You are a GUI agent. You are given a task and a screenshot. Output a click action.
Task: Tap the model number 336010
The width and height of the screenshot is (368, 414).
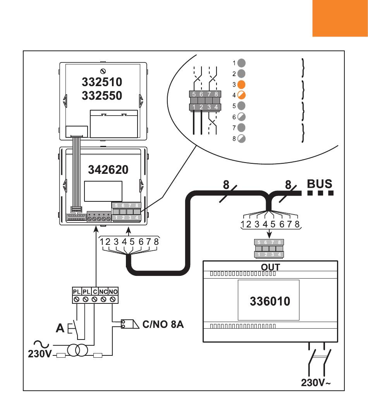point(270,301)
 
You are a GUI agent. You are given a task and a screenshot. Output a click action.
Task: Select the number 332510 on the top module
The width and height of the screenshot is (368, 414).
point(102,82)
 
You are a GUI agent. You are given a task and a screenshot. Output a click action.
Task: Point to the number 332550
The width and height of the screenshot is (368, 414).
point(102,95)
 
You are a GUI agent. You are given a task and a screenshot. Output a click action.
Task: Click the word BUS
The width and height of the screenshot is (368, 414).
point(320,184)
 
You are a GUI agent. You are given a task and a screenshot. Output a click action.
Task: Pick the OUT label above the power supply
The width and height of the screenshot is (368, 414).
point(270,267)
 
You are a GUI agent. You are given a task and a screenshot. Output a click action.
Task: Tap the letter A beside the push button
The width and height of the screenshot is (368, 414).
point(60,329)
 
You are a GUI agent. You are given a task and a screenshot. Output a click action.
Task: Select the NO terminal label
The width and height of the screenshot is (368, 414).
point(113,291)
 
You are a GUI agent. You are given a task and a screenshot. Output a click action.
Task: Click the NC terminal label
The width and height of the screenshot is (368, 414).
point(103,291)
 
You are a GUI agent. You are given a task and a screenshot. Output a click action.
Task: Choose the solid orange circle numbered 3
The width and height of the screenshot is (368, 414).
point(241,84)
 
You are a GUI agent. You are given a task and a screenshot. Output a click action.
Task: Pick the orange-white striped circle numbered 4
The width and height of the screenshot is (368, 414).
point(241,95)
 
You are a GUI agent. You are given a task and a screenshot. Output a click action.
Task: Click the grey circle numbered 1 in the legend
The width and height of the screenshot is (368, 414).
point(241,62)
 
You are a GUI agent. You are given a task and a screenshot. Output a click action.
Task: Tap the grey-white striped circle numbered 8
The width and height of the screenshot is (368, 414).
point(241,139)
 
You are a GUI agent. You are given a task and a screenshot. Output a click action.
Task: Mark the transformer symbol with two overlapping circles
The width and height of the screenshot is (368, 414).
point(77,350)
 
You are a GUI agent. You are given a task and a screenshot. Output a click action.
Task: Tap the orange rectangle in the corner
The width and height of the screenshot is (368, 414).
point(340,18)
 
